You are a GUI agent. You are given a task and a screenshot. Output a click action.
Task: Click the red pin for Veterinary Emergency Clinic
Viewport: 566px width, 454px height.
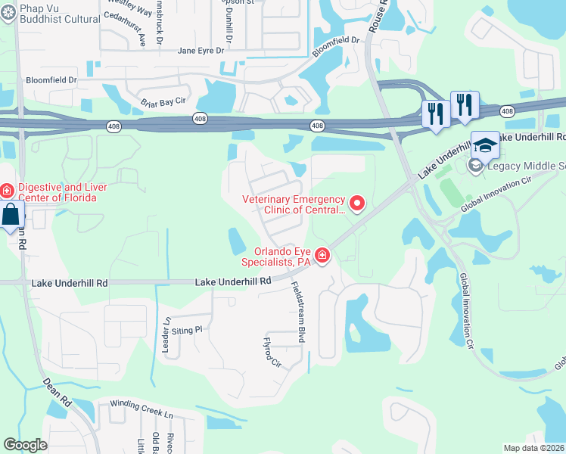pyautogui.click(x=356, y=203)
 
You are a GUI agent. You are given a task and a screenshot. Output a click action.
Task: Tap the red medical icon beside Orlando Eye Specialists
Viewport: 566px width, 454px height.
pyautogui.click(x=322, y=257)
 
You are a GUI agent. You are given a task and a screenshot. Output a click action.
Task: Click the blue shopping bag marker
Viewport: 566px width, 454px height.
pyautogui.click(x=11, y=216)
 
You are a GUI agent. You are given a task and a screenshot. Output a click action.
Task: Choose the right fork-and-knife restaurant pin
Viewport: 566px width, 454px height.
pyautogui.click(x=464, y=104)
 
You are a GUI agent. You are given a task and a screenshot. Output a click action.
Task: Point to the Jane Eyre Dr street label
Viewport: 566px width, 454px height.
pyautogui.click(x=201, y=51)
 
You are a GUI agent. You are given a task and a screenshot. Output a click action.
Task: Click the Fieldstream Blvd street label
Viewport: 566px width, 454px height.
pyautogui.click(x=298, y=313)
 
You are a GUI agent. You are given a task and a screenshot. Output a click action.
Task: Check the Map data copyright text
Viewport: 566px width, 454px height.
pyautogui.click(x=533, y=448)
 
